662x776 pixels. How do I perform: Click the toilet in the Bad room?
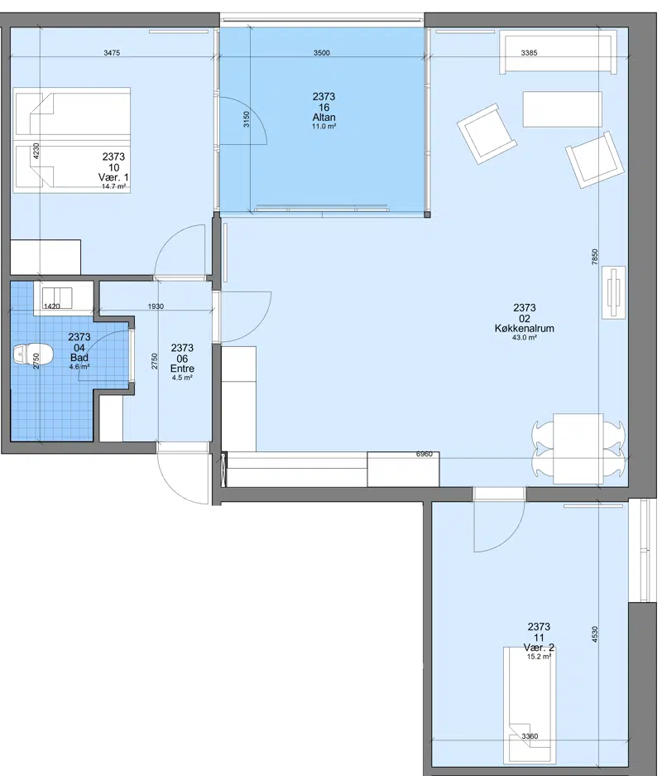tap(33, 354)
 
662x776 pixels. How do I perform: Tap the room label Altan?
tap(324, 118)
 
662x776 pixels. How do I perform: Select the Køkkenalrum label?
tap(524, 328)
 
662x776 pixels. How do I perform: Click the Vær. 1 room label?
tap(113, 177)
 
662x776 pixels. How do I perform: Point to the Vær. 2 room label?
tap(539, 648)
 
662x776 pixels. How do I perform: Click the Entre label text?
tap(182, 369)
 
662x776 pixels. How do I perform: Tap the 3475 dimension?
tap(112, 53)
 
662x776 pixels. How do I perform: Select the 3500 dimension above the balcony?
tap(321, 53)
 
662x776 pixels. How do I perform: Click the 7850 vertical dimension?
tap(595, 257)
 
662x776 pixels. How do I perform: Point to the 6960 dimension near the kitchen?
tap(425, 454)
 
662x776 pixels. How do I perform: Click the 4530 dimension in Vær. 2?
tap(595, 634)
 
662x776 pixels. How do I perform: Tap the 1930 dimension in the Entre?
tap(156, 306)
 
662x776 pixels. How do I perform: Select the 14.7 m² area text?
tap(113, 186)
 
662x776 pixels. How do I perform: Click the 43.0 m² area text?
tap(524, 338)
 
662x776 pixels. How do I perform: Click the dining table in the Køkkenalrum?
tap(578, 448)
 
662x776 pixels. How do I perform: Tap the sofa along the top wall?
tap(559, 52)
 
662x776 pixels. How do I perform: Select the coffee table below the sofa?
tap(562, 108)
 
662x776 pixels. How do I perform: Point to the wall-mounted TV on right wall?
tap(614, 292)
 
